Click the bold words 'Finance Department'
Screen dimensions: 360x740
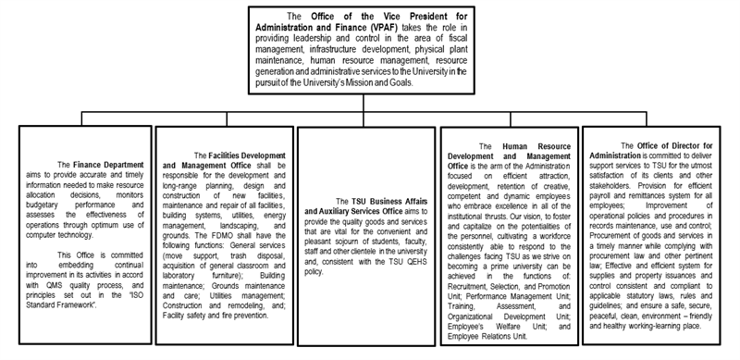(99, 165)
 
